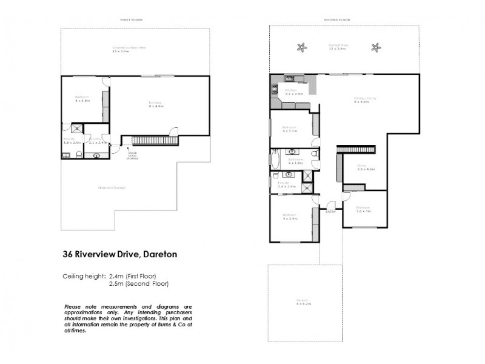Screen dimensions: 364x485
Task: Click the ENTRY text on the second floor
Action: [331, 212]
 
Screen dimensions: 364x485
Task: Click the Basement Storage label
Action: [112, 187]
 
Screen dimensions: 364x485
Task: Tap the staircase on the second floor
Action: [356, 149]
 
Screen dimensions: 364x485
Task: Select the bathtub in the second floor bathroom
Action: [273, 161]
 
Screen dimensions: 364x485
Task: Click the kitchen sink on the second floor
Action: [290, 78]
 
